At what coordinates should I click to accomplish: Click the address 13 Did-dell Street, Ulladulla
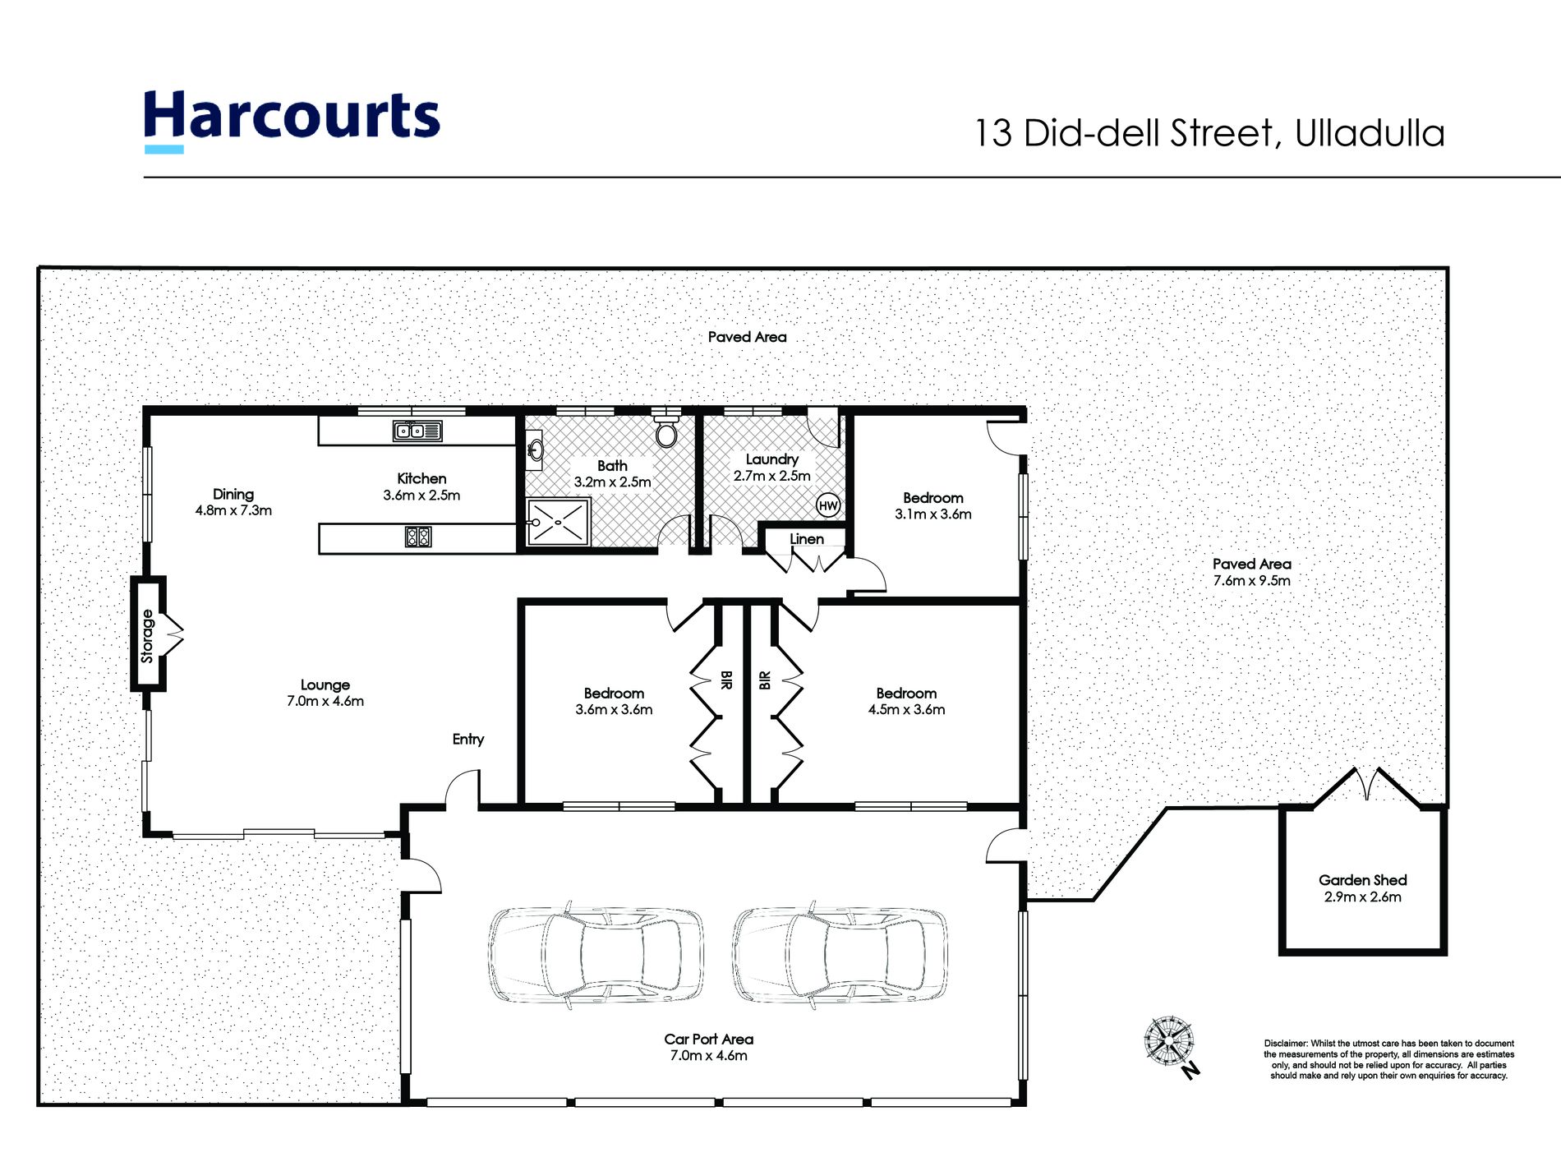click(x=1209, y=134)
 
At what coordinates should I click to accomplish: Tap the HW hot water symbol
click(x=828, y=505)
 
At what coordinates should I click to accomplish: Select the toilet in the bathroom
click(x=665, y=427)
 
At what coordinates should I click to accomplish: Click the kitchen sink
click(x=418, y=431)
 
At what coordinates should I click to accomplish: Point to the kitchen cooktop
click(x=418, y=537)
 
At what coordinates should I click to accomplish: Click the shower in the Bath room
click(x=558, y=521)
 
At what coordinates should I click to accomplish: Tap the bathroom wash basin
click(x=535, y=450)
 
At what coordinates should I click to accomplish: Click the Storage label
click(x=147, y=635)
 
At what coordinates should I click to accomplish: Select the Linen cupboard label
click(x=807, y=539)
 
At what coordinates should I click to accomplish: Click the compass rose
click(x=1169, y=1042)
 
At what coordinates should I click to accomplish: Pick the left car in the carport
click(x=596, y=955)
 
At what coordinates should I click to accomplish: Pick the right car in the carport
click(x=840, y=955)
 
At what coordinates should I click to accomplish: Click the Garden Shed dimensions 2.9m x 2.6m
click(x=1362, y=897)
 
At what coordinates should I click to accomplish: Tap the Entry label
click(x=468, y=740)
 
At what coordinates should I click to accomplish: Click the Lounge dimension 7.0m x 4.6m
click(x=325, y=701)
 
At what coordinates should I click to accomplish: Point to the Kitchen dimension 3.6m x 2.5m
click(x=421, y=496)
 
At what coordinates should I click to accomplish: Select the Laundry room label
click(x=771, y=459)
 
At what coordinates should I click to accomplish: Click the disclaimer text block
click(x=1389, y=1059)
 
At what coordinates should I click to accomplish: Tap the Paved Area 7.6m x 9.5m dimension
click(x=1251, y=580)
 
